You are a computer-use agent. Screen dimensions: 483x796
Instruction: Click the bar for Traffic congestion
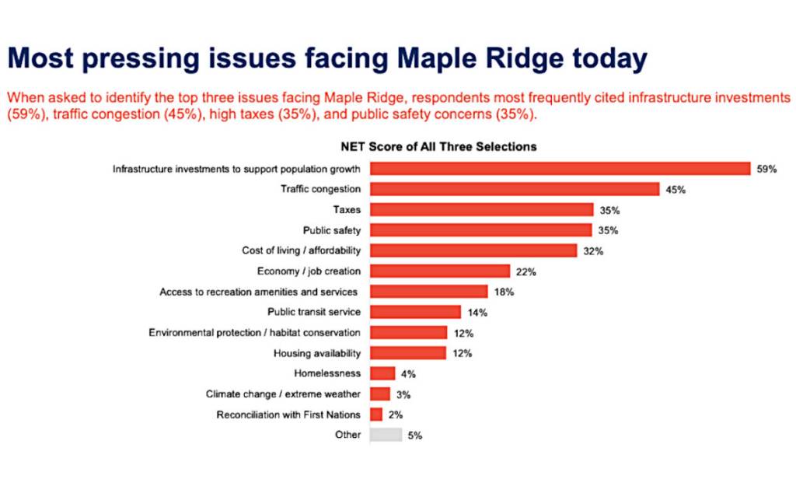tap(515, 189)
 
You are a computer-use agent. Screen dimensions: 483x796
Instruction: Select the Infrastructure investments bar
tap(560, 169)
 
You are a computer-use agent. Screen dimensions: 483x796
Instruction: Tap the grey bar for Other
tap(386, 435)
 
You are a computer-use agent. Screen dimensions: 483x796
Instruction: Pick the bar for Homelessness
tap(382, 373)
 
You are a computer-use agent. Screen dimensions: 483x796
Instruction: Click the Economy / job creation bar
tap(440, 271)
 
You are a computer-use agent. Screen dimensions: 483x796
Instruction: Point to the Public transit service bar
tap(415, 312)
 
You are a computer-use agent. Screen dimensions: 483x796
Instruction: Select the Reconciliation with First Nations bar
tap(376, 415)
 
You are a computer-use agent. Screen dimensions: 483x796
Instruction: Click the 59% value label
tap(766, 169)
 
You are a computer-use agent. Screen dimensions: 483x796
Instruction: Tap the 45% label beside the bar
tap(675, 190)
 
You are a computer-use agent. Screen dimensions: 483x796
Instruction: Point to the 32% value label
tap(592, 251)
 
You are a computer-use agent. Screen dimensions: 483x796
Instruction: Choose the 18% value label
tap(504, 292)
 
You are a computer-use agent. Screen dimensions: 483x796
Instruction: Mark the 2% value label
tap(395, 415)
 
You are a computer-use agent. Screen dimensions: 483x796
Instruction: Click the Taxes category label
tap(347, 210)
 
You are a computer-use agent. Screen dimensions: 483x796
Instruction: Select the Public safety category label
tap(332, 230)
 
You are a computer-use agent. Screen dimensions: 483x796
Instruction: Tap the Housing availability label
tap(317, 353)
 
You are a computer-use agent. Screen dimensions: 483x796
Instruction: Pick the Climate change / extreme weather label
tap(283, 394)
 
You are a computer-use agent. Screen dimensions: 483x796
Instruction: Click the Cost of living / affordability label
tap(302, 250)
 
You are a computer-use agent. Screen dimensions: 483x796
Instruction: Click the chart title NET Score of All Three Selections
tap(438, 146)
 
